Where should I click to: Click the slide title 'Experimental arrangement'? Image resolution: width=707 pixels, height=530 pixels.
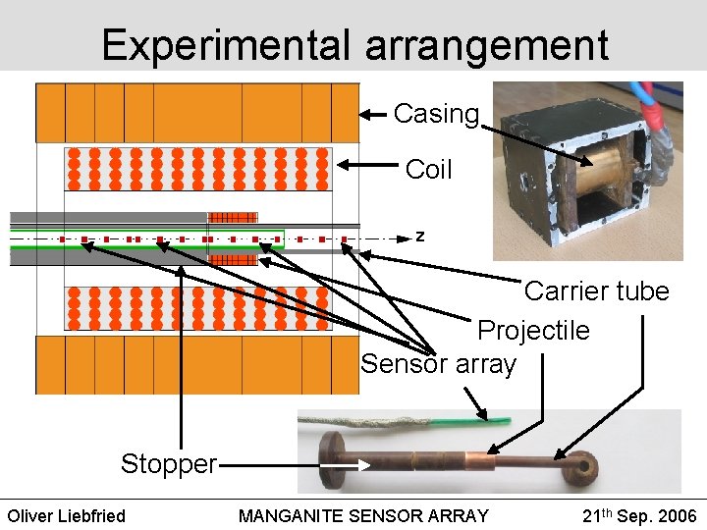(x=354, y=45)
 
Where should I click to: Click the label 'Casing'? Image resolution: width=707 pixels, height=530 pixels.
(x=436, y=114)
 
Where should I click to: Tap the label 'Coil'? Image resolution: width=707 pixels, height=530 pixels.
(x=428, y=169)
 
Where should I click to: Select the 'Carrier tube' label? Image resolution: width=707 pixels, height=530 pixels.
(x=596, y=291)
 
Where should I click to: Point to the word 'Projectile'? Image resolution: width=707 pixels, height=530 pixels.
(x=533, y=330)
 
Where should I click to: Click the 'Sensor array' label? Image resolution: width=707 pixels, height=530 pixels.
(x=438, y=364)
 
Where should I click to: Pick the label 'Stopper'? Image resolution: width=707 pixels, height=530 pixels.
(x=168, y=463)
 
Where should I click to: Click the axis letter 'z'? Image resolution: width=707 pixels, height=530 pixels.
(x=420, y=237)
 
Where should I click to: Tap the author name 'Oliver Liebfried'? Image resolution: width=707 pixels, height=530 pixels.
(x=67, y=515)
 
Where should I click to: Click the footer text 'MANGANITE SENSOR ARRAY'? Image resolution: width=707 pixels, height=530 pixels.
(x=363, y=515)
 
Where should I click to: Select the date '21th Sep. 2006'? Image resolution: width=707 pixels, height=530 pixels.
(x=639, y=515)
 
